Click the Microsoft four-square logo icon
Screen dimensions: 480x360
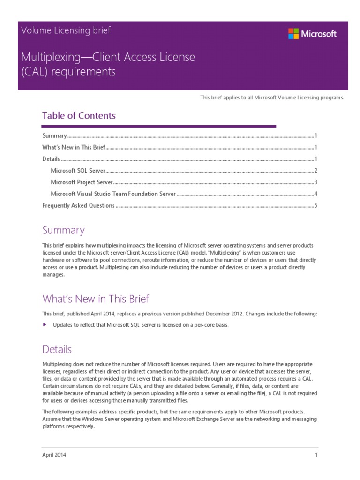[x=293, y=33]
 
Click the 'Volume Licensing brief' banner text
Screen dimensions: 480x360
[x=66, y=30]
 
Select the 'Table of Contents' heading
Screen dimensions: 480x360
[x=79, y=115]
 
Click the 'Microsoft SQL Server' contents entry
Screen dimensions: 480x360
[x=78, y=171]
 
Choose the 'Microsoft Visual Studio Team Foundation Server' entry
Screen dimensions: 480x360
[x=113, y=194]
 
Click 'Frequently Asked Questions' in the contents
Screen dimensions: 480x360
[x=78, y=205]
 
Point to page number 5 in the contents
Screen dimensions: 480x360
[x=316, y=205]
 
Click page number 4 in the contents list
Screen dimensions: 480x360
[x=316, y=194]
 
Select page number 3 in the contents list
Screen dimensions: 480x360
[x=316, y=182]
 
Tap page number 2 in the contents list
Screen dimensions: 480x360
[x=316, y=171]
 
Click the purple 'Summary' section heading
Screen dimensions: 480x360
[x=63, y=230]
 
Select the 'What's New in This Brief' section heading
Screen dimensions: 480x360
[x=96, y=299]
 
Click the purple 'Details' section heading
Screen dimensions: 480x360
[x=57, y=349]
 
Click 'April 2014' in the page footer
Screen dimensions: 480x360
[x=54, y=455]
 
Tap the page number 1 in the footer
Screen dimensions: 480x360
[x=316, y=455]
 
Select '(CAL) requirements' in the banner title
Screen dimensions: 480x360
[x=68, y=72]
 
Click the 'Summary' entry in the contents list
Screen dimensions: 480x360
[x=54, y=136]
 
